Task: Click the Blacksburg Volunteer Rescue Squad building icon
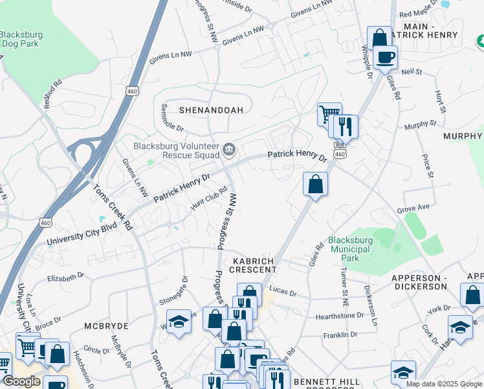[230, 151]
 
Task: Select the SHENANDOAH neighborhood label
[202, 110]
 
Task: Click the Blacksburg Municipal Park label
[351, 249]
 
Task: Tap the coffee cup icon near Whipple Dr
[386, 56]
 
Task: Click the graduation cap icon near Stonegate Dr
[178, 322]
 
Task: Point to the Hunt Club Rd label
[209, 199]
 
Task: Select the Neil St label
[412, 73]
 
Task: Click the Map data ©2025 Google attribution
[444, 384]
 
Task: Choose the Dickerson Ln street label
[370, 297]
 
